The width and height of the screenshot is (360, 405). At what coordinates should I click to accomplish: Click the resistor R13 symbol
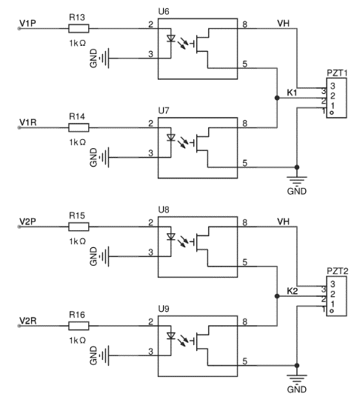tap(79, 28)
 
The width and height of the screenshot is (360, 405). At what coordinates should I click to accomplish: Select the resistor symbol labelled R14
tap(79, 127)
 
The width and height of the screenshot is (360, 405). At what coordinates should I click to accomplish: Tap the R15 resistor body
tap(79, 227)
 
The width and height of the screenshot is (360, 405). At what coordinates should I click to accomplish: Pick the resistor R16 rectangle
tap(79, 326)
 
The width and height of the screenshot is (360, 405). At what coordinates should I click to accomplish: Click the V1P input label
tap(27, 24)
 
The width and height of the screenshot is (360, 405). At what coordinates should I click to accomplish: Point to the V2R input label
tap(28, 321)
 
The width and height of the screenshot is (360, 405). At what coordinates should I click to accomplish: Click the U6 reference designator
tap(164, 12)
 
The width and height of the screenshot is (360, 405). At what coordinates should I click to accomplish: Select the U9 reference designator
tap(164, 309)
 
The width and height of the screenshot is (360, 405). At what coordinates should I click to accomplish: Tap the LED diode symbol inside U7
tap(170, 138)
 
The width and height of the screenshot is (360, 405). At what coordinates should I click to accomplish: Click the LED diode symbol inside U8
tap(170, 237)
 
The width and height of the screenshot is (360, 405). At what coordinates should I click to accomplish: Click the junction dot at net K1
tap(277, 98)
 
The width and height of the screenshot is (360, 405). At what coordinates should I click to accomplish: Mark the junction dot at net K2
tap(277, 296)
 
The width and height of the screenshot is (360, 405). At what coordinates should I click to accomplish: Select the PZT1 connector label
tap(337, 73)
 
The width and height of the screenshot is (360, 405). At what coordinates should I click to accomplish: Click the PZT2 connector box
tap(336, 296)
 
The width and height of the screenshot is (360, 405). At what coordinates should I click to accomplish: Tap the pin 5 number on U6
tap(244, 64)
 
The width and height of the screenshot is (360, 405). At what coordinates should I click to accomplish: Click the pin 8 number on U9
tap(244, 321)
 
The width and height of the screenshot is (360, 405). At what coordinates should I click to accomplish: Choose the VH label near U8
tap(283, 221)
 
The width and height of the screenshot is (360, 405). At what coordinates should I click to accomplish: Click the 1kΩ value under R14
tap(77, 142)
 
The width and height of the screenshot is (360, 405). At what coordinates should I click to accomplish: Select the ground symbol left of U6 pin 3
tap(104, 58)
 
